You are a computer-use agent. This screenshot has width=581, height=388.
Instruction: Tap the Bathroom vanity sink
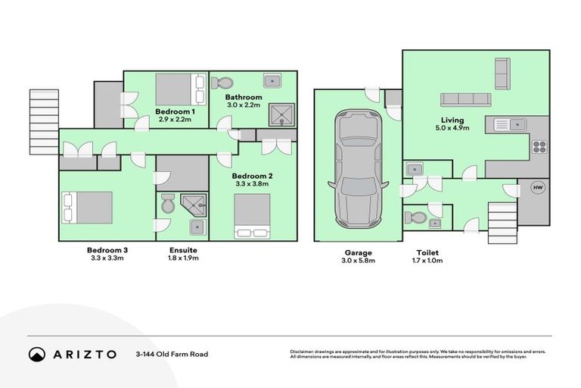click(272, 82)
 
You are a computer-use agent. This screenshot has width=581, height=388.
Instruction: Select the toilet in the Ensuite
click(168, 204)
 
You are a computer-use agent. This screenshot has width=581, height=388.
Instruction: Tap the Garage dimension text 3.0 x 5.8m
click(358, 260)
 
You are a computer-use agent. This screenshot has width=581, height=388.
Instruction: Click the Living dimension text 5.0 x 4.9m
click(453, 129)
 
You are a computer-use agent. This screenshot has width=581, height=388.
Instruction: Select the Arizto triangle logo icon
click(37, 354)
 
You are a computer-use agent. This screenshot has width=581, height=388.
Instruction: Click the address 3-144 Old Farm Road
click(172, 354)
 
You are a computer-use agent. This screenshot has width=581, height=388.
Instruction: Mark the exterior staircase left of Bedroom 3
click(44, 121)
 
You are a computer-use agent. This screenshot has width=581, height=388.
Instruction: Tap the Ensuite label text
click(182, 250)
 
